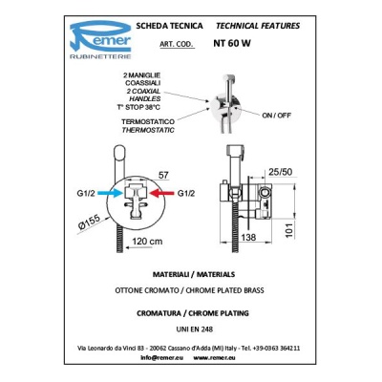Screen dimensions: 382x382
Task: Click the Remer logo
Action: (x=100, y=40)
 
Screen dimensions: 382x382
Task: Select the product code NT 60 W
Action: (x=232, y=43)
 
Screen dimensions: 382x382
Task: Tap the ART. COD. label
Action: (x=177, y=44)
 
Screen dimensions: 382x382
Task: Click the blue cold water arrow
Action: (x=110, y=193)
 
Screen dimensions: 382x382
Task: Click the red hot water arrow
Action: (x=161, y=193)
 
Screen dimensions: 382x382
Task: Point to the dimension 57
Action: (x=163, y=176)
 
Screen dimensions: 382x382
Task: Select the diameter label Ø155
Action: (x=90, y=222)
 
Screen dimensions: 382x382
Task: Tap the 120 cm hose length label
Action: (x=147, y=241)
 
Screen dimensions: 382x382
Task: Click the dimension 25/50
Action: (x=281, y=172)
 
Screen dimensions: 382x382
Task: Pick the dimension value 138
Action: (x=248, y=237)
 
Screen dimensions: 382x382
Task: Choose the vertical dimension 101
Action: (x=288, y=230)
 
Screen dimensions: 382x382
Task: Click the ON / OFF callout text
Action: (x=276, y=116)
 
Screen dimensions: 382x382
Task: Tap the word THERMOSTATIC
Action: (x=148, y=130)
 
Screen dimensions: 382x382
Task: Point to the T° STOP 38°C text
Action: (x=138, y=107)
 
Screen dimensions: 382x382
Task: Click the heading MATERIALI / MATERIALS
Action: (x=194, y=274)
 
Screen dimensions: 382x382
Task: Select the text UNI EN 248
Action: (x=195, y=329)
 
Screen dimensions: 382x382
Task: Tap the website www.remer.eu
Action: (x=214, y=357)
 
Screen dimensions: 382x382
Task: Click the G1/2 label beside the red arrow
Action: (x=186, y=193)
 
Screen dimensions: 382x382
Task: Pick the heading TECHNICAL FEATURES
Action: (x=258, y=26)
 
